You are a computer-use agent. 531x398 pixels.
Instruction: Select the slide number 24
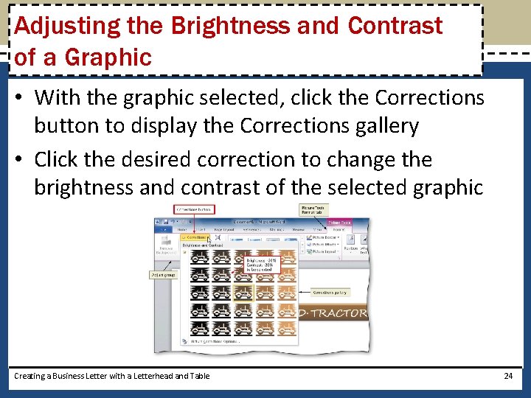pyautogui.click(x=507, y=376)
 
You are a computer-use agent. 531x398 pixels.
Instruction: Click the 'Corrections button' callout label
pyautogui.click(x=193, y=210)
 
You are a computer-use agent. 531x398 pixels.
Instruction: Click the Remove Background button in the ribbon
pyautogui.click(x=166, y=251)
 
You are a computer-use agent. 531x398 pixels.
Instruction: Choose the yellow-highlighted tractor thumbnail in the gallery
pyautogui.click(x=243, y=293)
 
